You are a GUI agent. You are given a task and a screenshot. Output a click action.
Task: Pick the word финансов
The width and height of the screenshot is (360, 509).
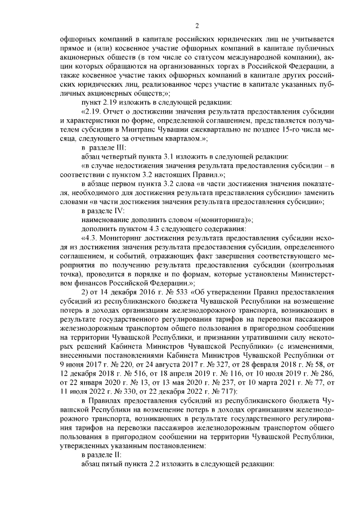pos(93,283)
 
